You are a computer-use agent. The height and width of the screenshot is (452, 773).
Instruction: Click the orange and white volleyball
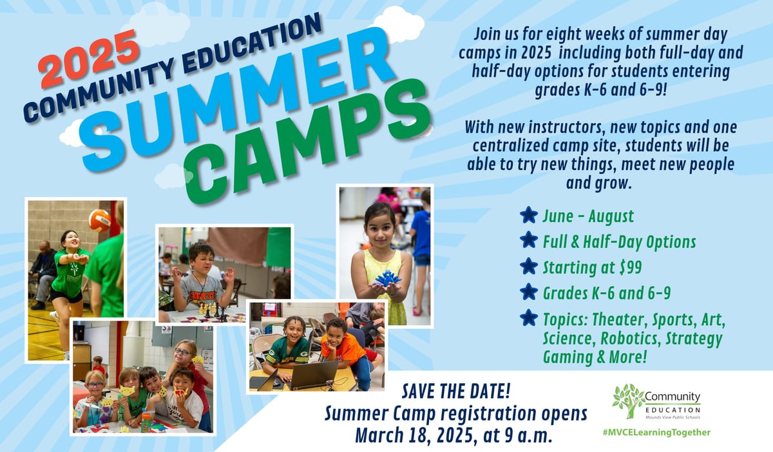coord(99,220)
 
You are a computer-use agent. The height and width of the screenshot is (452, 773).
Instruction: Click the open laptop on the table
coord(314,375)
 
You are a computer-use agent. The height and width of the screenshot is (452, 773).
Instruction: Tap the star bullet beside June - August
coord(528,215)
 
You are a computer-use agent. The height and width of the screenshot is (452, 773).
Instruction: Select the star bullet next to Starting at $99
coord(528,267)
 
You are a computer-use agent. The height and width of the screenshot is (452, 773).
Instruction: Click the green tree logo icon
coord(628,400)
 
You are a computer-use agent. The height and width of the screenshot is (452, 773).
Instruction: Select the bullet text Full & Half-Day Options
coord(619,241)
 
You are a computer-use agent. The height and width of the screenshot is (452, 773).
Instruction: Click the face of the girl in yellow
coord(379,225)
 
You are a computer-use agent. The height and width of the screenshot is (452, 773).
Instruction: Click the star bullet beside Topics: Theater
coord(528,318)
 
